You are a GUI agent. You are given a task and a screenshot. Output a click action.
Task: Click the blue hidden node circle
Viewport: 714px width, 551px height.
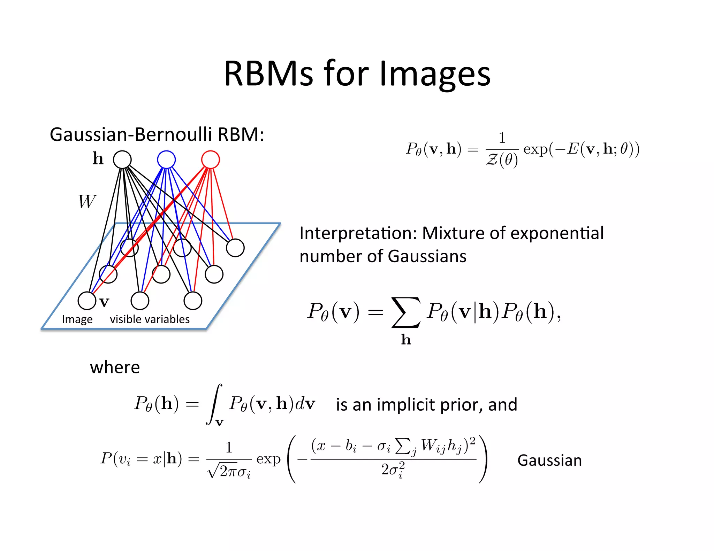click(166, 160)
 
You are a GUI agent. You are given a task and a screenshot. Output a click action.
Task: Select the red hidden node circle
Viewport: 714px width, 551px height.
click(211, 160)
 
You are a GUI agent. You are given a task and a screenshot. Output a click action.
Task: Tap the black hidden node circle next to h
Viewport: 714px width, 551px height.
click(122, 160)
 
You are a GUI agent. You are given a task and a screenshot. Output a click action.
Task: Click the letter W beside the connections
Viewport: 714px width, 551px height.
click(87, 201)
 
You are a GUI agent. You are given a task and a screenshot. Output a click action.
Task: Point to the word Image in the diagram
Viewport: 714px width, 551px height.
click(77, 319)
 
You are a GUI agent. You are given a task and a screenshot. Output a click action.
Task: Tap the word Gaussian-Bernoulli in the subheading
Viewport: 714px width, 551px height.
click(131, 135)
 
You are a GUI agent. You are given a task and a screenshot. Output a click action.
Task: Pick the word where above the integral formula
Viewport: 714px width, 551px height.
click(115, 367)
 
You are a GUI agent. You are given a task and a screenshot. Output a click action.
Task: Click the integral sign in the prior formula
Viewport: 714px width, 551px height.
click(214, 404)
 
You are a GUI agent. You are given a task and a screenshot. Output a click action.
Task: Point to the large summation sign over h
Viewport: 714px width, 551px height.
click(406, 312)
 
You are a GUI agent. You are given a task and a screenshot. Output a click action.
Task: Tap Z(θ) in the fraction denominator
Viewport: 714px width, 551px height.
click(502, 160)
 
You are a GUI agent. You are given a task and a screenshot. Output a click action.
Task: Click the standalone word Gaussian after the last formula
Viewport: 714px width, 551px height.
click(549, 460)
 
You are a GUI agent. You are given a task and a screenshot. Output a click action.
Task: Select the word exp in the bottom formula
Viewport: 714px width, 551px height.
click(268, 459)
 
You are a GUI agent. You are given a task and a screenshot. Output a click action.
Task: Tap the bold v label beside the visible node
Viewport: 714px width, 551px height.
click(104, 302)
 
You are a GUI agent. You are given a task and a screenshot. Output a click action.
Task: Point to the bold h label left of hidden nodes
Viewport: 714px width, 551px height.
click(98, 158)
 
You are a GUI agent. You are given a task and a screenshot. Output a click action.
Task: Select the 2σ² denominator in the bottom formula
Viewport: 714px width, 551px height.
click(393, 470)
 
